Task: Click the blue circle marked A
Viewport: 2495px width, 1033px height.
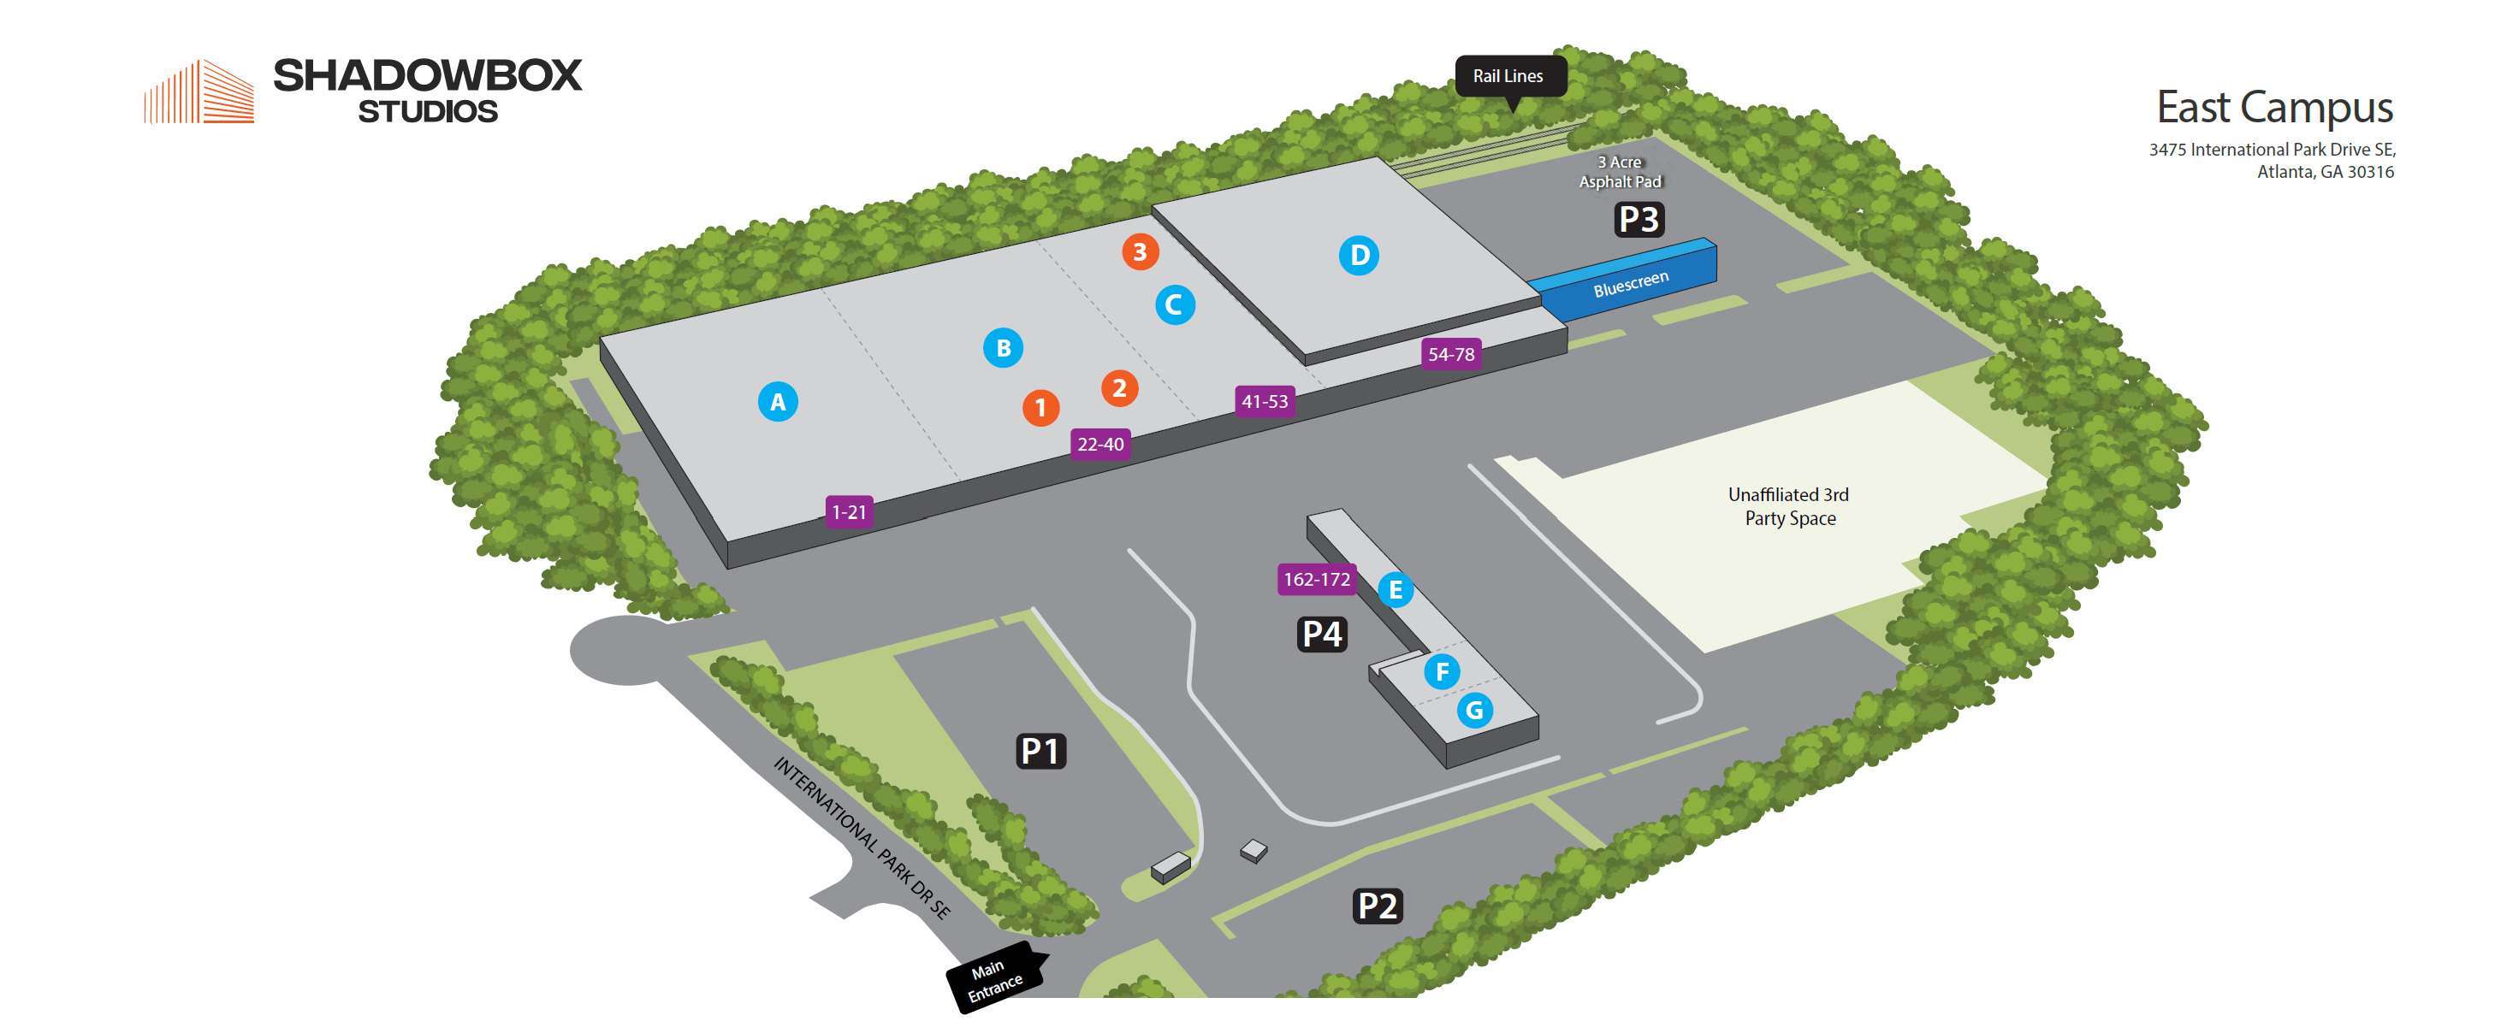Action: [778, 401]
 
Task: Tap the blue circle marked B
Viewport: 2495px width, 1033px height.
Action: [1004, 347]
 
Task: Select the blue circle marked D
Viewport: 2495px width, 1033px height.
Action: [1359, 256]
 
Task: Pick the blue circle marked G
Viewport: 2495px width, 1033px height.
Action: [1474, 711]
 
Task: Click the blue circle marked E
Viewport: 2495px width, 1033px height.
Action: [1395, 589]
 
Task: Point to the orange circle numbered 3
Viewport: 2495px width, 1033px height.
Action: [1140, 251]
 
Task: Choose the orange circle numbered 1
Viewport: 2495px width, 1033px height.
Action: [1040, 408]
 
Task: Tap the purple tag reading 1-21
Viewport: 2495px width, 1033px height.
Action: [850, 511]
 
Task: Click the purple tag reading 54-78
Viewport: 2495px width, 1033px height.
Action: [1451, 354]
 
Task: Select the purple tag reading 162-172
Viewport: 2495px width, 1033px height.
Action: [1316, 579]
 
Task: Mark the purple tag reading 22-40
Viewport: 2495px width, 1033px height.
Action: [1100, 445]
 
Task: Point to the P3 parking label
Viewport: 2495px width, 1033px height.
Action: [1639, 220]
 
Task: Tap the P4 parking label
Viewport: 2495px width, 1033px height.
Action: [1322, 635]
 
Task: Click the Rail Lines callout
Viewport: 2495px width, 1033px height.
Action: [1508, 76]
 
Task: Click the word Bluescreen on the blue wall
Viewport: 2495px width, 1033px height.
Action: [1631, 284]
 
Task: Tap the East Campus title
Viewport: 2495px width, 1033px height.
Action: [2274, 108]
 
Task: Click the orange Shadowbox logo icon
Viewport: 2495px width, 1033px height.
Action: [199, 92]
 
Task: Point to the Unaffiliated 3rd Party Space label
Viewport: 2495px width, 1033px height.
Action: [1789, 506]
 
